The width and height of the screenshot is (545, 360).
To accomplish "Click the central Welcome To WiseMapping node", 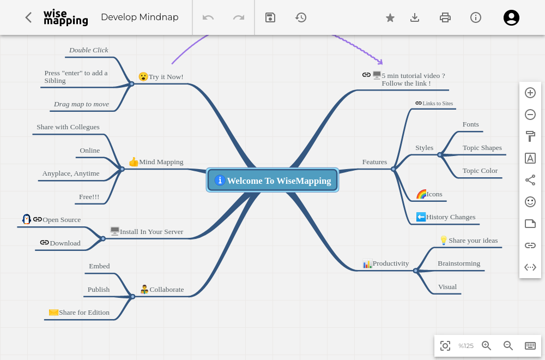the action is click(272, 180).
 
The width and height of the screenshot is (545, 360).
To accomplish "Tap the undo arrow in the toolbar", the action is click(208, 17).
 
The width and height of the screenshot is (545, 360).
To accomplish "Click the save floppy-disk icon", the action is click(270, 17).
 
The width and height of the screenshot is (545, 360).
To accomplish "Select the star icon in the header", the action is click(390, 17).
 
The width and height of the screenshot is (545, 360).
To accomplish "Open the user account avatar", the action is click(511, 17).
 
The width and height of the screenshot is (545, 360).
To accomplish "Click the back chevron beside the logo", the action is click(28, 17).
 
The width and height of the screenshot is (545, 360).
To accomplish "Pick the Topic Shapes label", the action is click(482, 148).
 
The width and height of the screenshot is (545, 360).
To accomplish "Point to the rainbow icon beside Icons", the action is click(421, 194).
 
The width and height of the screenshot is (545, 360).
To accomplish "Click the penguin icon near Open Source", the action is click(26, 219).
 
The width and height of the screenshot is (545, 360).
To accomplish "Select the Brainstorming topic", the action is click(459, 263).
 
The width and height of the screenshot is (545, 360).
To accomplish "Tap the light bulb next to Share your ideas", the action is click(444, 240).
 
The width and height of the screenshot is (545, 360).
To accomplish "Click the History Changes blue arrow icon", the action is click(421, 217).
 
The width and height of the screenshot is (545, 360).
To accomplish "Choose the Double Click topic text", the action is click(89, 50).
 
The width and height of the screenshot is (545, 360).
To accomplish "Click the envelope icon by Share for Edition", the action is click(53, 312).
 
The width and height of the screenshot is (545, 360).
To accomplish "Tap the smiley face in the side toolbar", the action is click(530, 202).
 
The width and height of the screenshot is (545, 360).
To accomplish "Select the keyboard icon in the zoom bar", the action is click(530, 345).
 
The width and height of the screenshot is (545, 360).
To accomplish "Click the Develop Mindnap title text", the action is click(140, 17).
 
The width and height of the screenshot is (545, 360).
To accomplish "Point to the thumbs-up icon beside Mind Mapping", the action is click(134, 161).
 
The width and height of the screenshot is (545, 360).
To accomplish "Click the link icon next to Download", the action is click(44, 242).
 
